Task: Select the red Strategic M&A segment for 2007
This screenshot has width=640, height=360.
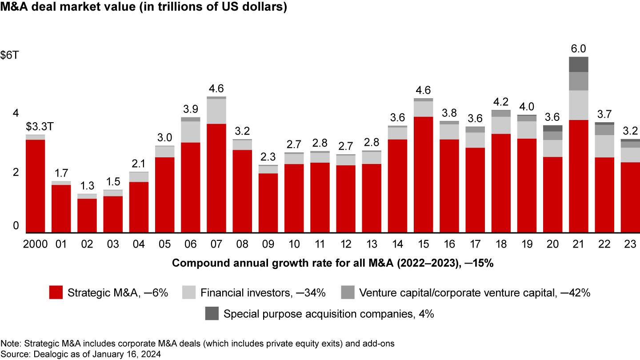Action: tap(216, 178)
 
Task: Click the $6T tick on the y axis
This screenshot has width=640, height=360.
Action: tap(9, 56)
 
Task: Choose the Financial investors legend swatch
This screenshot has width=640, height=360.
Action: tap(189, 292)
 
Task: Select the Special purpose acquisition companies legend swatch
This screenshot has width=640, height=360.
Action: tap(212, 313)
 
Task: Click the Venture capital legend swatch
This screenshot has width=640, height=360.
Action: tap(348, 292)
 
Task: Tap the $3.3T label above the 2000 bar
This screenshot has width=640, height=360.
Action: tap(35, 127)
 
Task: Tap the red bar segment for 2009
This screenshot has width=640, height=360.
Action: tap(268, 203)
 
